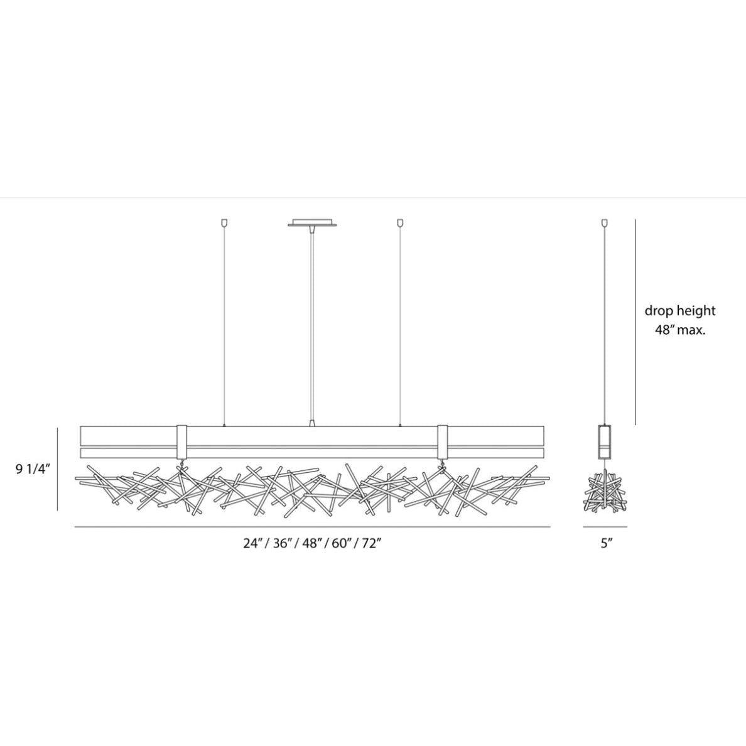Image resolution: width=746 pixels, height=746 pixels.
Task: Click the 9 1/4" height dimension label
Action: pos(33,469)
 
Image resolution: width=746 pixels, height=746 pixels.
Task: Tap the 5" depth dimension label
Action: pos(605,543)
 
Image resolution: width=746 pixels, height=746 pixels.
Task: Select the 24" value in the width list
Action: pos(253,543)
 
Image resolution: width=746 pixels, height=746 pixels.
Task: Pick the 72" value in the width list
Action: pos(372,543)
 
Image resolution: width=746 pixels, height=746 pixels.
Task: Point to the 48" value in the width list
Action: pos(312,543)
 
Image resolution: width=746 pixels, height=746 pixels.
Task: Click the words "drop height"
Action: pos(680,311)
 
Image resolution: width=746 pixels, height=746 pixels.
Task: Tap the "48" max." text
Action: pos(680,330)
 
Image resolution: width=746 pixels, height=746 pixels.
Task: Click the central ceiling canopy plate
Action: pos(312,223)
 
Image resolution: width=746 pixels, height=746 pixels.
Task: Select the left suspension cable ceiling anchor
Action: pos(225,222)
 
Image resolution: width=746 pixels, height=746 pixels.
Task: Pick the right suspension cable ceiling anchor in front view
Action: pos(400,222)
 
